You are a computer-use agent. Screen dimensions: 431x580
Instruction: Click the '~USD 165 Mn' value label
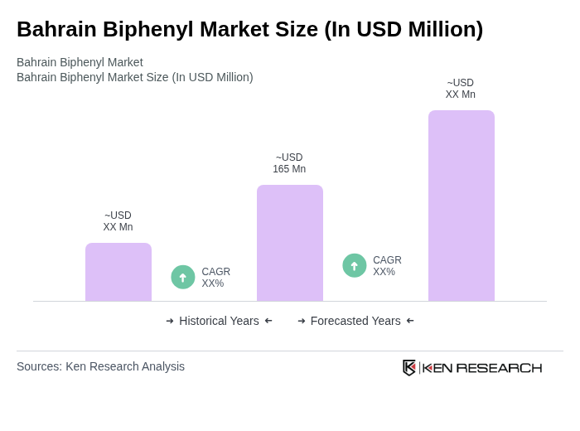click(x=289, y=163)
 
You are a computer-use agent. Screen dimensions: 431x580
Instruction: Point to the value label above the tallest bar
click(x=461, y=89)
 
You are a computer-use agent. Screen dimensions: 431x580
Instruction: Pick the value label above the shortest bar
click(x=118, y=221)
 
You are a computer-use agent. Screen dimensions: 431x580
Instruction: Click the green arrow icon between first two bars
click(x=183, y=277)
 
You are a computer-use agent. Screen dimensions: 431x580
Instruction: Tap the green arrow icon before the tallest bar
click(x=355, y=265)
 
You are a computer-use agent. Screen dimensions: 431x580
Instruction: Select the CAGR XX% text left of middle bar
click(x=215, y=278)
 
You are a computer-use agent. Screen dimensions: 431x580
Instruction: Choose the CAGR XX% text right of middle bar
click(x=387, y=266)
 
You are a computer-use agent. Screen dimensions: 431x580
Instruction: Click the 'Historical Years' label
click(x=219, y=321)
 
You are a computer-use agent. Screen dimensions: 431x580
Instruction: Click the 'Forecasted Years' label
click(x=355, y=321)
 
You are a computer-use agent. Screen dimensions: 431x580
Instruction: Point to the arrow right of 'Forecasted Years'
click(x=410, y=321)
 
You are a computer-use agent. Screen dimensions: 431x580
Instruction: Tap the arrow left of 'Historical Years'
click(x=170, y=321)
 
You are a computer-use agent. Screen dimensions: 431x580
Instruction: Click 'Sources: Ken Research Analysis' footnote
click(x=100, y=366)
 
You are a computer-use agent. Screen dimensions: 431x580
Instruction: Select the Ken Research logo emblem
click(x=409, y=367)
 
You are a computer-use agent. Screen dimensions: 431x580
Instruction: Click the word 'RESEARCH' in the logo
click(x=499, y=368)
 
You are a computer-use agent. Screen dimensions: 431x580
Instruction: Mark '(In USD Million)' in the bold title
click(x=404, y=29)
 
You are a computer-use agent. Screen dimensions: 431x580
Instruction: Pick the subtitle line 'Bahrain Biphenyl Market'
click(x=80, y=62)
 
